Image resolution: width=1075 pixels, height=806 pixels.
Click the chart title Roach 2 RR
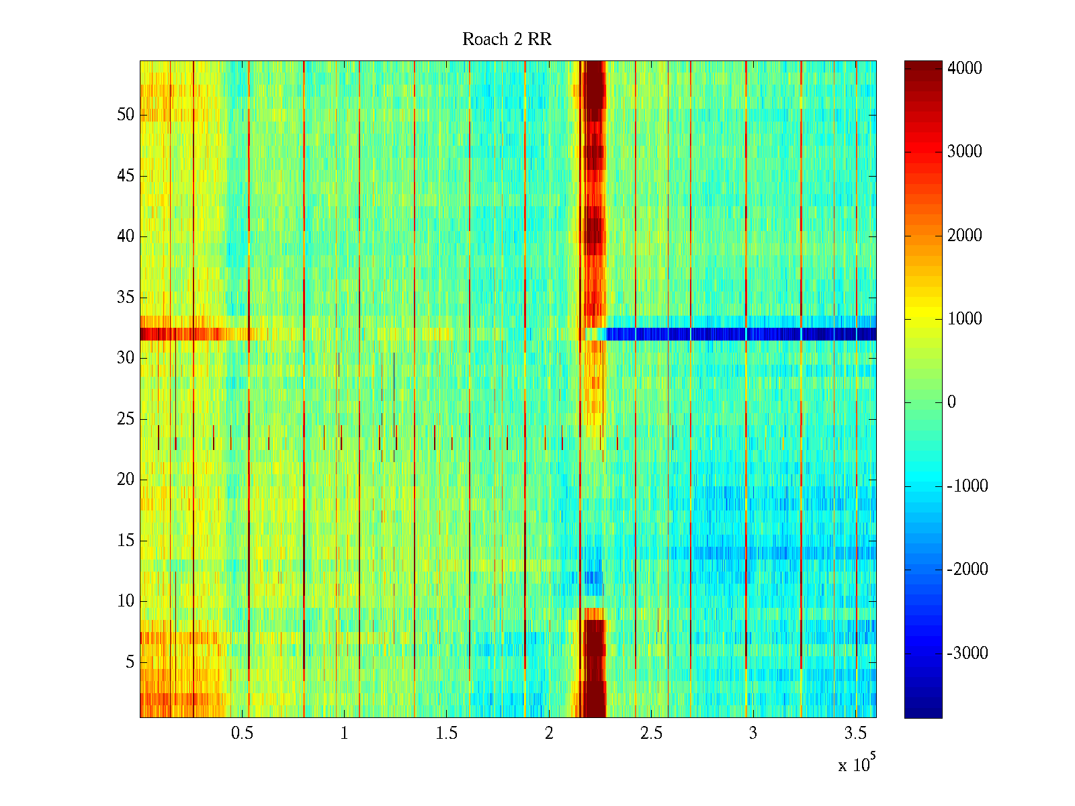(507, 40)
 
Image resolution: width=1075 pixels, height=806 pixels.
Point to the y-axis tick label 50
(126, 115)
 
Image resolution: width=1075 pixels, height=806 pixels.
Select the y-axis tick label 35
(126, 298)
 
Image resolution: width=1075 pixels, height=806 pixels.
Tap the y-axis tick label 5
(130, 662)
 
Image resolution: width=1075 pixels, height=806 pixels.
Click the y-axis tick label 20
(126, 480)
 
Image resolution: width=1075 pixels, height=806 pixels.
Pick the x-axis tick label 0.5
(242, 733)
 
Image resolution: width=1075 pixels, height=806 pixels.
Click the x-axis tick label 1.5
(446, 733)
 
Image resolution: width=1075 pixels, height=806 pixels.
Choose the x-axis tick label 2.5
(651, 733)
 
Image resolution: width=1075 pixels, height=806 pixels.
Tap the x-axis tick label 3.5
(855, 733)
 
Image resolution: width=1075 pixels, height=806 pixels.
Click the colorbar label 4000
(965, 69)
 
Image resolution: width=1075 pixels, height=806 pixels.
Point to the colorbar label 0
(951, 402)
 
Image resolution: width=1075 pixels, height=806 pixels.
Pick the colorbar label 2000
(965, 235)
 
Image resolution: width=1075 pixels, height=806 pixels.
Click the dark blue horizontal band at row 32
(739, 334)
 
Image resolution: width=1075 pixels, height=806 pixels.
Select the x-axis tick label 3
(753, 733)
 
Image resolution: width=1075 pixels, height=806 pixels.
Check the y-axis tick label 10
(126, 601)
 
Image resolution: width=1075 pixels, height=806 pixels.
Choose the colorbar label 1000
(965, 319)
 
